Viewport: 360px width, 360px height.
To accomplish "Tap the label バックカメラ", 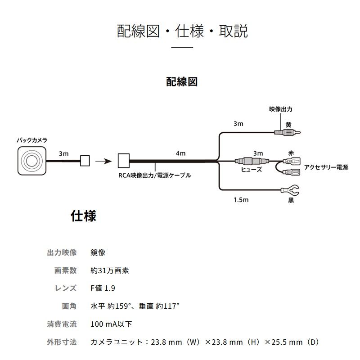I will coord(31,140).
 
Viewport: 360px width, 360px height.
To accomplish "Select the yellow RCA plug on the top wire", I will coord(288,133).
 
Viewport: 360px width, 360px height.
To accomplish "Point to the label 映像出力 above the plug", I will coord(281,109).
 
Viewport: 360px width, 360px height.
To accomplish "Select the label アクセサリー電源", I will coord(325,167).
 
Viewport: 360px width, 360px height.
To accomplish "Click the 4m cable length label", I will coord(180,153).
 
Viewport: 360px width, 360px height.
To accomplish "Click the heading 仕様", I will coord(84,216).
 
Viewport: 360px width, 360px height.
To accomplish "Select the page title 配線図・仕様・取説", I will coord(182,31).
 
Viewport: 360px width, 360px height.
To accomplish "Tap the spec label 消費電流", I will coord(62,324).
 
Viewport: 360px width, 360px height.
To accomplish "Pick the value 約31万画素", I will coord(110,270).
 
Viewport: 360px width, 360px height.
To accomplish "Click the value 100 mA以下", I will coord(111,324).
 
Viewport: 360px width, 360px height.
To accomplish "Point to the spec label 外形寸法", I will coord(62,342).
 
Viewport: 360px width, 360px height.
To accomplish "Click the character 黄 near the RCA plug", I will coord(288,125).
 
